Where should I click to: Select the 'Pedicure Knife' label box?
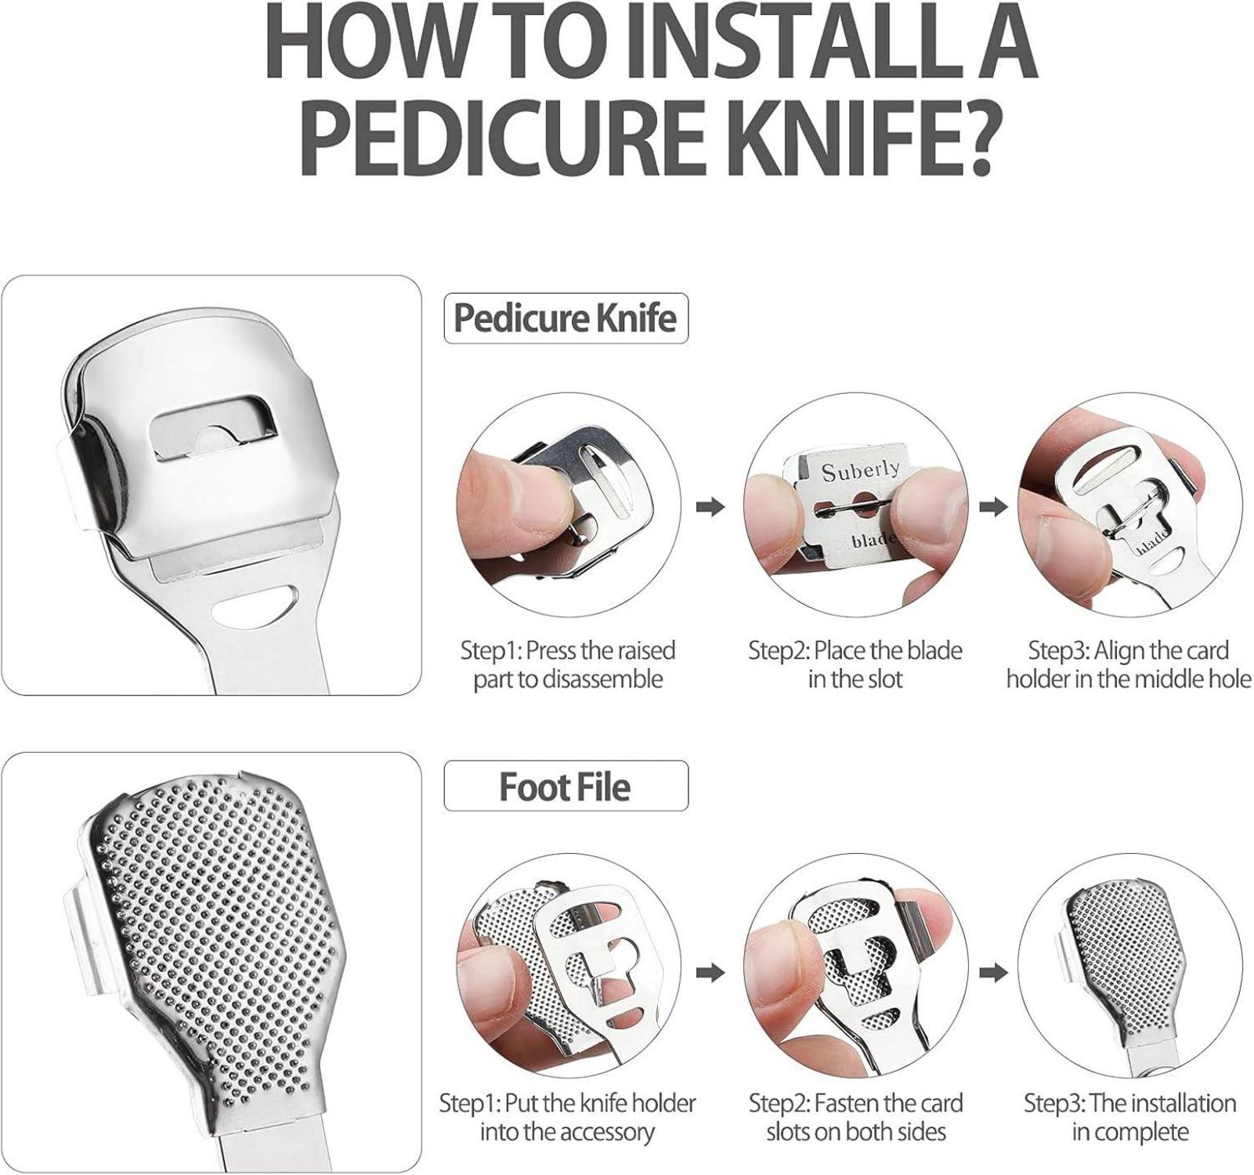pyautogui.click(x=566, y=318)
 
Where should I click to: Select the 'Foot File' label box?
pyautogui.click(x=566, y=786)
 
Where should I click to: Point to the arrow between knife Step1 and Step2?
pyautogui.click(x=710, y=507)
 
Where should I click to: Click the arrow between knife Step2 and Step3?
pyautogui.click(x=993, y=507)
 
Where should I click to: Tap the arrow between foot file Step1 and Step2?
pyautogui.click(x=710, y=973)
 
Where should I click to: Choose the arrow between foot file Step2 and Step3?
pyautogui.click(x=993, y=973)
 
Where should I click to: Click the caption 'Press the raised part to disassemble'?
pyautogui.click(x=568, y=664)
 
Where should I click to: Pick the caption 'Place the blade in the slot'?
pyautogui.click(x=855, y=664)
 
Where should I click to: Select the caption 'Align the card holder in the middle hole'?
pyautogui.click(x=1129, y=664)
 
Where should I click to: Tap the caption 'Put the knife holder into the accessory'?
pyautogui.click(x=567, y=1117)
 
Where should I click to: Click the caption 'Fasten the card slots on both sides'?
pyautogui.click(x=856, y=1117)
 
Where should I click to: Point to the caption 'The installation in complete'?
pyautogui.click(x=1130, y=1117)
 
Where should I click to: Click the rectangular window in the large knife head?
pyautogui.click(x=211, y=425)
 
